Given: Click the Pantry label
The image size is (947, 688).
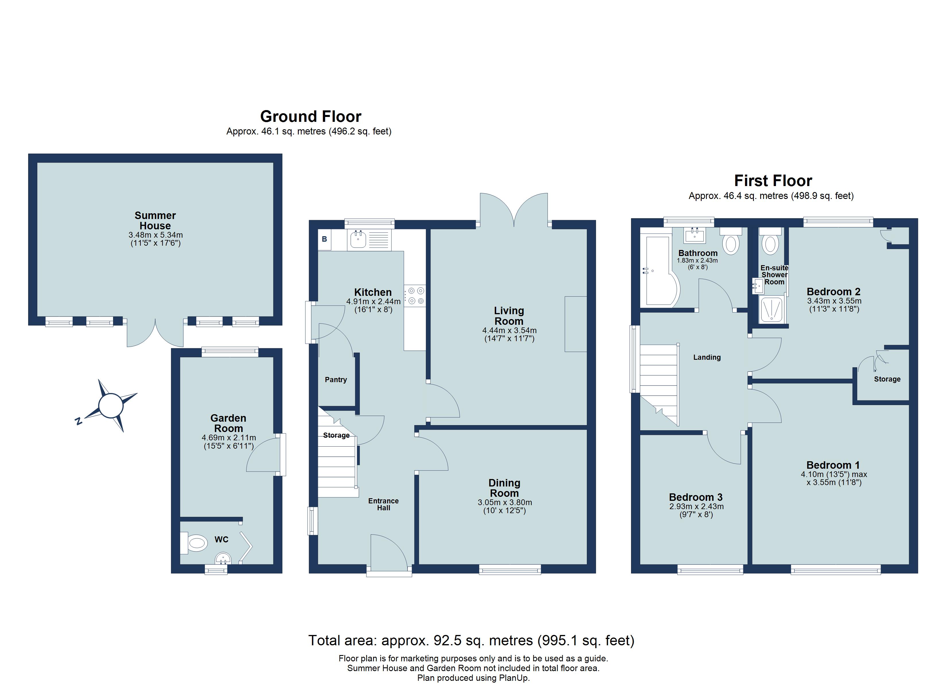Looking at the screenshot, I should tap(336, 380).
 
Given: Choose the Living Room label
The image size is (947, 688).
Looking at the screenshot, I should tap(509, 316).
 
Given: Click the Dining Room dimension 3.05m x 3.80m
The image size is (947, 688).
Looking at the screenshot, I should tap(504, 503).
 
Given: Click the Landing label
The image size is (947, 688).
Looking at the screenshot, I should tap(707, 357).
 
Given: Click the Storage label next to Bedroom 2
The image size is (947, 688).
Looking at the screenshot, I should tap(887, 379).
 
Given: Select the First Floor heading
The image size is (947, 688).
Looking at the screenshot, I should tap(773, 181).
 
